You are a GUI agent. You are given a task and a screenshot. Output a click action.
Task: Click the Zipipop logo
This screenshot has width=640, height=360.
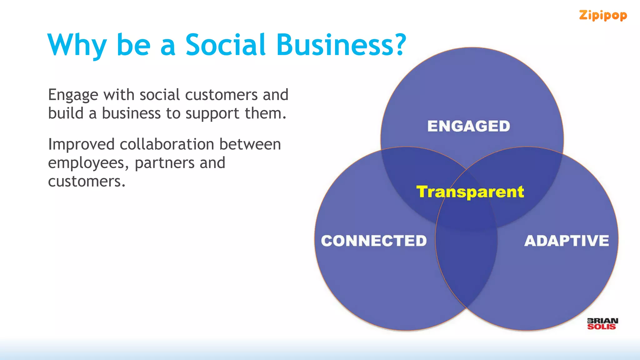click(x=603, y=15)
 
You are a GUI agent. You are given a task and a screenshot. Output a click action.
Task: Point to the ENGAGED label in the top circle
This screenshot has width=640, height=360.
click(x=468, y=126)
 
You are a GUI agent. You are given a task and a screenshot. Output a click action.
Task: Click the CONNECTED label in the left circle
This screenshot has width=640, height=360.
click(x=374, y=241)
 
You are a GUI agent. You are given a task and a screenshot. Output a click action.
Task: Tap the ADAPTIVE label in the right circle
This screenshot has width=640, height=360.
click(x=567, y=241)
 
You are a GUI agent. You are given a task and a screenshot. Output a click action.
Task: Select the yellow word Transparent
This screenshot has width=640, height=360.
click(x=470, y=192)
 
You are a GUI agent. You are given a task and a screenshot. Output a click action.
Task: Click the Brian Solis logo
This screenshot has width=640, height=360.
click(x=602, y=324)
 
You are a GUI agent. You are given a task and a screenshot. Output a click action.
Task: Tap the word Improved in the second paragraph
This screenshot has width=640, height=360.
click(x=81, y=144)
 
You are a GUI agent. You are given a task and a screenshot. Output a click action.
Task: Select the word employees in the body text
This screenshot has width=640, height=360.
click(x=86, y=163)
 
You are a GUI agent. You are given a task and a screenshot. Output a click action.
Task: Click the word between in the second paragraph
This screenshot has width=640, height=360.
click(x=250, y=144)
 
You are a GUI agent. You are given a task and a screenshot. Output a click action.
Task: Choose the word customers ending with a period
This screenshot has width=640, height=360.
click(x=87, y=182)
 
